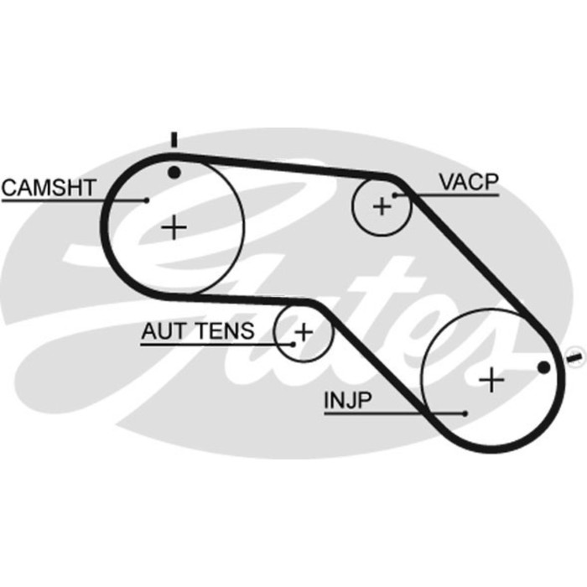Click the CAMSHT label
(49, 187)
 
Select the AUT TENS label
(197, 330)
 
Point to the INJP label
(347, 401)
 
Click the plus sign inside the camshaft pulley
(174, 226)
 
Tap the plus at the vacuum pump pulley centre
(382, 205)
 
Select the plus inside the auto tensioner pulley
(304, 331)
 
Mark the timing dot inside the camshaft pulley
(174, 174)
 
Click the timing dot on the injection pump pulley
(543, 366)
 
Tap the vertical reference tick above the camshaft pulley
(174, 140)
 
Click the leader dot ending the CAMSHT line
(148, 200)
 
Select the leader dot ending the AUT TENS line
(293, 343)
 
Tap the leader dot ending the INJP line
(465, 413)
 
